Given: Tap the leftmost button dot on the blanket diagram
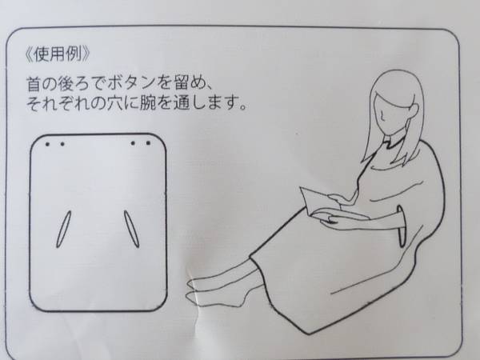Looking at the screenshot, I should coord(48,146).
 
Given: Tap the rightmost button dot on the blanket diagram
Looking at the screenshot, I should coord(149,144).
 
